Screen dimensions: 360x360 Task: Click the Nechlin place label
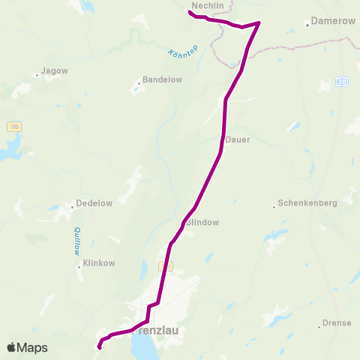click(208, 5)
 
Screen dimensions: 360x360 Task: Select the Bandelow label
click(157, 79)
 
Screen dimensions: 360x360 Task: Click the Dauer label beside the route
click(238, 139)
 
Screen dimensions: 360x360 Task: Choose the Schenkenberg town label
click(307, 203)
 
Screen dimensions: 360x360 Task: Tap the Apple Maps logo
click(28, 347)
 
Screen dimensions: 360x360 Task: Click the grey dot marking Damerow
click(307, 24)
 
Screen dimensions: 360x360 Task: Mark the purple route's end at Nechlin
click(187, 10)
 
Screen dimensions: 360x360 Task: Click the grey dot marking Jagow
click(37, 74)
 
